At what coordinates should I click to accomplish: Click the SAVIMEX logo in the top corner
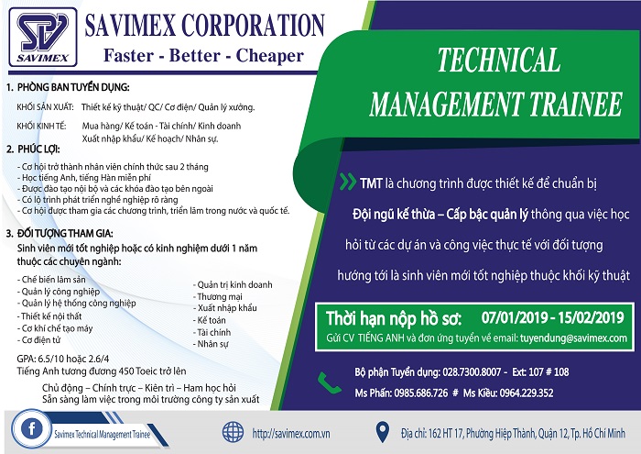coord(43,38)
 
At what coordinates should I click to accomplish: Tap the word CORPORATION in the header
coord(253,25)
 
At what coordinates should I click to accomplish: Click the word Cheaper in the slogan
coord(270,55)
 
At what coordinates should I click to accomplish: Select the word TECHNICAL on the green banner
coord(499,60)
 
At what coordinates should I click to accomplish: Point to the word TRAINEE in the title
coord(576,104)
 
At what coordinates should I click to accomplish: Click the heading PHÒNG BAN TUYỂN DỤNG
coord(73,87)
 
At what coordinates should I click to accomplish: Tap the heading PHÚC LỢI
coord(38,149)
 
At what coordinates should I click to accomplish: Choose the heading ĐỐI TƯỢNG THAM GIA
coord(65,233)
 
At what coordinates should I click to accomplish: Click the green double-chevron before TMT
coord(347,182)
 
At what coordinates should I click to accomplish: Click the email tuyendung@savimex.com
coord(573,338)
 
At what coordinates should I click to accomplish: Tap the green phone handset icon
coord(329,383)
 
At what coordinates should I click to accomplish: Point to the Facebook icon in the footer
coord(31,428)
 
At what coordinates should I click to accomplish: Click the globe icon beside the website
coord(233,432)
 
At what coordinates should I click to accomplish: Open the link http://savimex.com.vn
coord(291,434)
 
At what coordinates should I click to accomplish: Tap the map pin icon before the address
coord(382,432)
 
